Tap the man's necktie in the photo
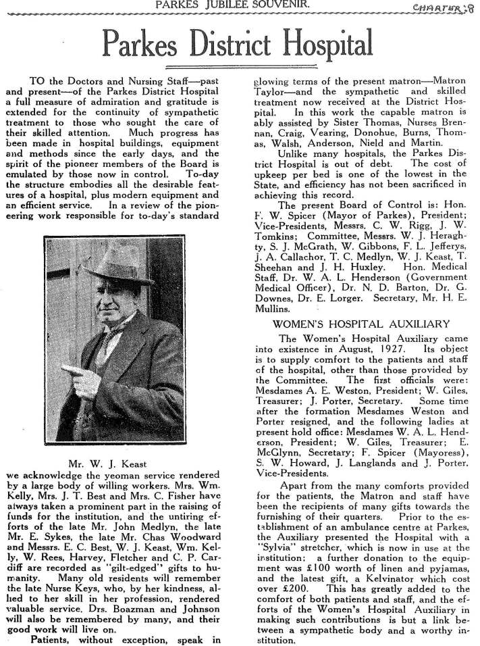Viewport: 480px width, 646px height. [x=106, y=338]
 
